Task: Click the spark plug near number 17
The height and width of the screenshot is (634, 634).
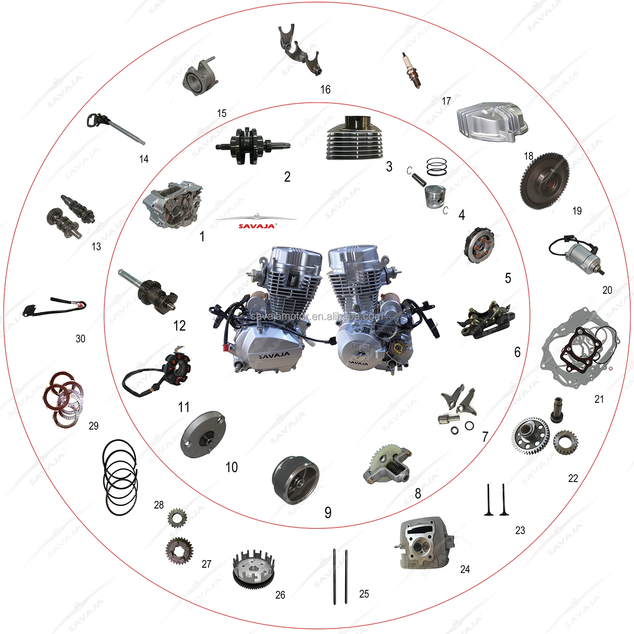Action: [412, 70]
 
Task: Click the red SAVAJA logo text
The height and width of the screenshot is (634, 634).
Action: [257, 226]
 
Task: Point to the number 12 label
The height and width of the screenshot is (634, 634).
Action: [179, 326]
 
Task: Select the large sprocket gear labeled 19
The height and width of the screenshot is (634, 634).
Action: [544, 181]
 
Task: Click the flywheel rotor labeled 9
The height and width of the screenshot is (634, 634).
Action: [295, 480]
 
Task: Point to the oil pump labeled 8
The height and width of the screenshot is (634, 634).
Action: [387, 465]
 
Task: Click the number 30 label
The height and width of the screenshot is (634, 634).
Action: [80, 339]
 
